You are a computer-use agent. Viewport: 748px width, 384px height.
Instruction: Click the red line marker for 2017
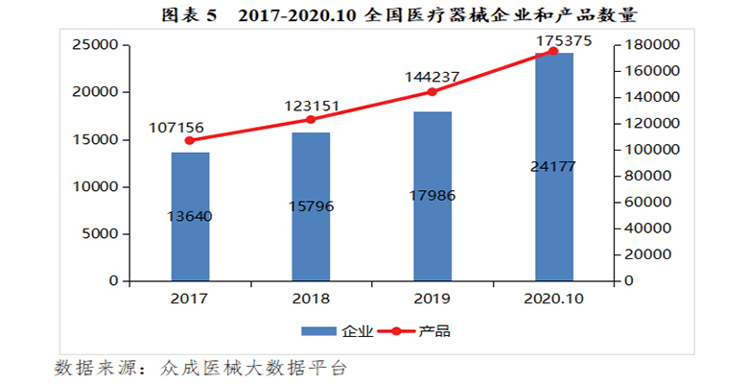(x=190, y=140)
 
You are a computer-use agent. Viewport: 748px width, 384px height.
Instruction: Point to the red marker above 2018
(x=311, y=119)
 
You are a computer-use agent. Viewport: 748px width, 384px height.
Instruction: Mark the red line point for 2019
(x=432, y=92)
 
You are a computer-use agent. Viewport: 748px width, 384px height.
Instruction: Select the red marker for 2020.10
(x=553, y=51)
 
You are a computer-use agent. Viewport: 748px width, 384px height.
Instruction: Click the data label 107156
(x=175, y=126)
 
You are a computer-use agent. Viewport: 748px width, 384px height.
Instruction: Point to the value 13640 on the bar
(x=190, y=216)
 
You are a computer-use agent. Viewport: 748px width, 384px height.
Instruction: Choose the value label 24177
(x=553, y=166)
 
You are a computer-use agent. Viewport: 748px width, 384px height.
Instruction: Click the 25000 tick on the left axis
(x=96, y=45)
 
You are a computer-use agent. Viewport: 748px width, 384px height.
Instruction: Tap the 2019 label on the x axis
(x=432, y=299)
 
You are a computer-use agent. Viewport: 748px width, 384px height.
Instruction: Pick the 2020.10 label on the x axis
(x=553, y=299)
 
